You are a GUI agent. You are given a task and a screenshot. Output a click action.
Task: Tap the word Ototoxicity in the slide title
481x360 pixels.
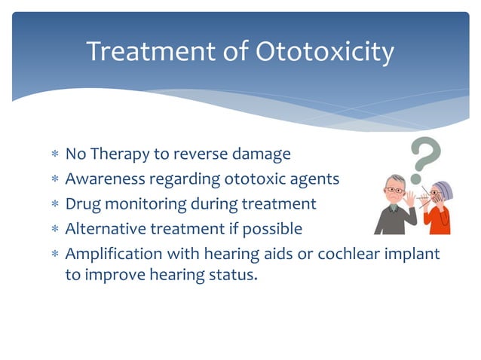[x=325, y=52]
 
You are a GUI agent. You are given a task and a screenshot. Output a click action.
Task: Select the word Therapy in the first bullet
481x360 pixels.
[x=121, y=154]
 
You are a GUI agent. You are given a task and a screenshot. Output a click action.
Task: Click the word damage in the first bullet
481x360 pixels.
[x=261, y=154]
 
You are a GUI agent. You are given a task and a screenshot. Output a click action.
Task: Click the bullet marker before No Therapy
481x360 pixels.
[x=54, y=155]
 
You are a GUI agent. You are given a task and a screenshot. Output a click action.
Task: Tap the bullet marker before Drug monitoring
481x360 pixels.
[x=54, y=205]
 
